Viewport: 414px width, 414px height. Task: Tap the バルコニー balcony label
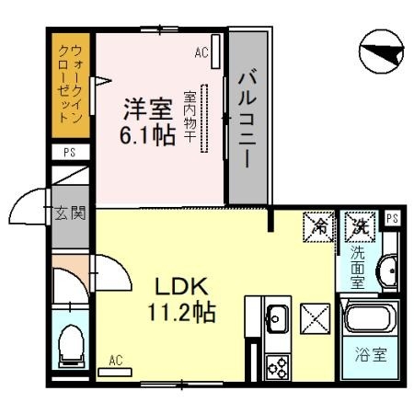(x=246, y=119)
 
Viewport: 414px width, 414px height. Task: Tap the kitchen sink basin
(x=276, y=321)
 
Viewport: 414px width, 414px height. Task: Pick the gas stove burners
(x=277, y=365)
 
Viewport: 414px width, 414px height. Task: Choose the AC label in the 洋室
(x=201, y=52)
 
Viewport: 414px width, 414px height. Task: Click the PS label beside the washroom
(x=392, y=219)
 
